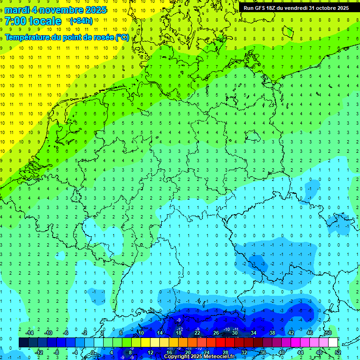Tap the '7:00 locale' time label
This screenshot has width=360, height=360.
(x=33, y=21)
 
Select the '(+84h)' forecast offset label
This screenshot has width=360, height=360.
(x=81, y=21)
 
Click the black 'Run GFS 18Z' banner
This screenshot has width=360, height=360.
(x=296, y=8)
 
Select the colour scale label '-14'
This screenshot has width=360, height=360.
(x=29, y=333)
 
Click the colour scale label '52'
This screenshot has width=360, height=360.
(x=338, y=352)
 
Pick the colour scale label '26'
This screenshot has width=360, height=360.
(x=216, y=333)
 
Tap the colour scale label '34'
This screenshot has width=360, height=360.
(x=254, y=333)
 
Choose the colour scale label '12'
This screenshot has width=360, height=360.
(x=150, y=352)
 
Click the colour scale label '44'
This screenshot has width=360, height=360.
(x=300, y=352)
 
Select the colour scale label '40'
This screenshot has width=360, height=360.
(x=282, y=352)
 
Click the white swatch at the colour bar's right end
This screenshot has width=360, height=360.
(x=333, y=342)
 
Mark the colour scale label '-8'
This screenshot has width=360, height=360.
(x=57, y=352)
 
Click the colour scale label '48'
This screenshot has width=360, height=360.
(x=319, y=352)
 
